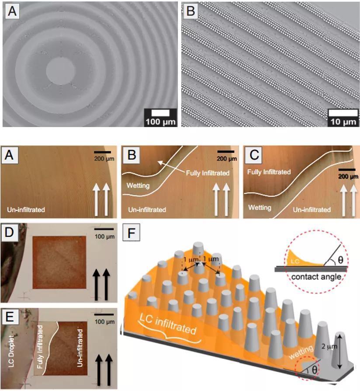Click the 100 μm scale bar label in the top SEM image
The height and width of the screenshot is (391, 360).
[161, 122]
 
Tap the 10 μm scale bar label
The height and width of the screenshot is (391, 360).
[343, 122]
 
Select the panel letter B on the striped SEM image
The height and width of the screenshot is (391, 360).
[190, 11]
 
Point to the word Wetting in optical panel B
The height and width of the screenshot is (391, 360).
[138, 185]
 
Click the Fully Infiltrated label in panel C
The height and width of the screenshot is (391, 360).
[269, 172]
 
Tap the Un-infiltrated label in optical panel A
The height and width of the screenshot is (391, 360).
[26, 209]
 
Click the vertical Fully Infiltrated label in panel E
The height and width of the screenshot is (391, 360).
[40, 347]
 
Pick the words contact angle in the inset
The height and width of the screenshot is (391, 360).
[316, 277]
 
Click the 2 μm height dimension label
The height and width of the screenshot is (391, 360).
[329, 346]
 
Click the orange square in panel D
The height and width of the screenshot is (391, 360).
[59, 262]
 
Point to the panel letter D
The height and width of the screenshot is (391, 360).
[10, 232]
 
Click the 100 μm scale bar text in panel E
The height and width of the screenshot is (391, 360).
[105, 321]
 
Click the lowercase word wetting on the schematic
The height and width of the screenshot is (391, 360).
[301, 352]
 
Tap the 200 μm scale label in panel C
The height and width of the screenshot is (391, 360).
[348, 177]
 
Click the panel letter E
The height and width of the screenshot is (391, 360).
[10, 317]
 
